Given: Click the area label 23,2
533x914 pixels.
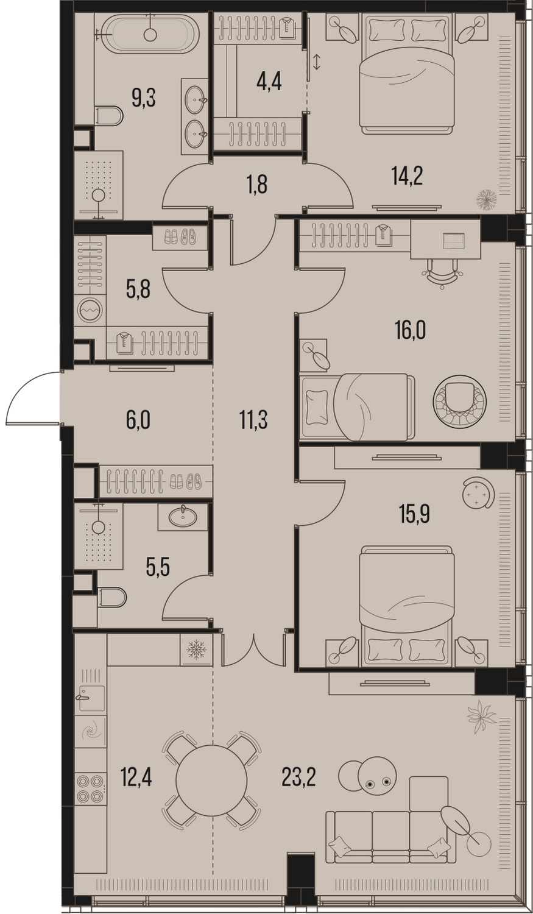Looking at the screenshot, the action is click(299, 778).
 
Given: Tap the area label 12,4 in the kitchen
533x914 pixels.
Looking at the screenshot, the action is click(136, 778).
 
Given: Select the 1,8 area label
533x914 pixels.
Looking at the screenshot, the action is click(257, 185).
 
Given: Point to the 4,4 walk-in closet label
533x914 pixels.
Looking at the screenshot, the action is click(269, 82).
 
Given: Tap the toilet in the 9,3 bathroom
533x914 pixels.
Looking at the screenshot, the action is click(109, 116).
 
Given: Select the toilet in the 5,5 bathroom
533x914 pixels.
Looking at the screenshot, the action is click(112, 597).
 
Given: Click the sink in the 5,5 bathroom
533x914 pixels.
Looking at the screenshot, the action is click(183, 517).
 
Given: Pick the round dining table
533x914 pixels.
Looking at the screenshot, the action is click(211, 781).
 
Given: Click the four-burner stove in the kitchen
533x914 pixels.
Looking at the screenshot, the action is click(91, 788).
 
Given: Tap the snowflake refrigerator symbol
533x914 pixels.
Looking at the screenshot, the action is click(196, 648).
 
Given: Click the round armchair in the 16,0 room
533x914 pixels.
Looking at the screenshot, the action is click(459, 402).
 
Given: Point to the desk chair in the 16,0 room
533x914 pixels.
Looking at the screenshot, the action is click(442, 274).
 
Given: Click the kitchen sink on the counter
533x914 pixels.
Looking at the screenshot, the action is click(91, 698).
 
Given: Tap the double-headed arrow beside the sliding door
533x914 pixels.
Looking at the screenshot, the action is click(316, 62).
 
